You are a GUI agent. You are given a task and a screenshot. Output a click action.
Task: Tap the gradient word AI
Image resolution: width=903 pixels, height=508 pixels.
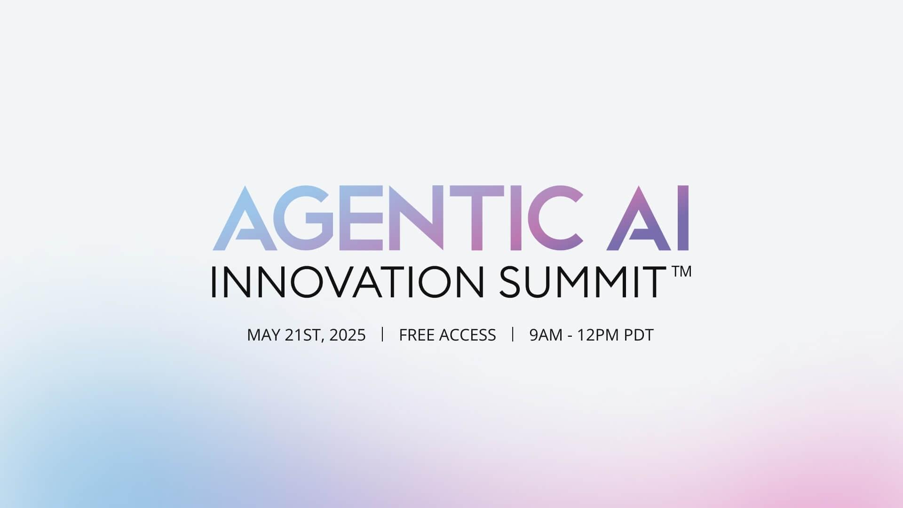[648, 218]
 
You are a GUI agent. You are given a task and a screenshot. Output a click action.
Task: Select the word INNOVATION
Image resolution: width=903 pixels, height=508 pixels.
[347, 282]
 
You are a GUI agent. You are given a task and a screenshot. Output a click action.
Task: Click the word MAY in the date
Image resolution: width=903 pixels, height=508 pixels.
[264, 335]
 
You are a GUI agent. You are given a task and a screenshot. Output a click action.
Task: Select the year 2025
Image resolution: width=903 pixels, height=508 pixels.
[348, 335]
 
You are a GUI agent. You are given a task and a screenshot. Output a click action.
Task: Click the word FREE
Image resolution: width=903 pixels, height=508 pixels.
[417, 335]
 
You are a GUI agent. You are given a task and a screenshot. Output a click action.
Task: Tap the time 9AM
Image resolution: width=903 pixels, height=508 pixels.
[546, 335]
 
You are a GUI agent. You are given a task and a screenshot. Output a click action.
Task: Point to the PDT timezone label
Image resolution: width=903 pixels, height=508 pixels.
[639, 335]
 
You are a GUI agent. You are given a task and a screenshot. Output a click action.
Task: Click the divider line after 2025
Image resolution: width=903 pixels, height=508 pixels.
[382, 334]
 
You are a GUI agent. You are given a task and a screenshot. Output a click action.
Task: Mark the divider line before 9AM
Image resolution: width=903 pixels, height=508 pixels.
[513, 334]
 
